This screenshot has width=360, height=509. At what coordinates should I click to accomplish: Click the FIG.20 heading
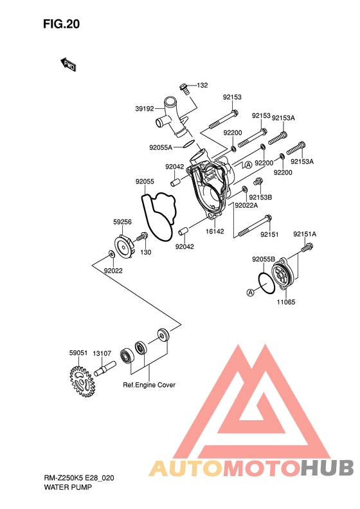click(x=61, y=24)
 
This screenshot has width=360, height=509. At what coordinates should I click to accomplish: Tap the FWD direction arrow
click(x=68, y=64)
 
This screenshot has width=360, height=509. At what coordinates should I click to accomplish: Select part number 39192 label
click(x=145, y=109)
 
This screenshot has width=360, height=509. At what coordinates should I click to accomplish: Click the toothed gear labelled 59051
click(x=82, y=382)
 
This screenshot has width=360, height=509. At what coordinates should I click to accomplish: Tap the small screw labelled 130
click(x=141, y=237)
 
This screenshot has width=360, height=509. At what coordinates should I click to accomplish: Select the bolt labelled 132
click(x=184, y=88)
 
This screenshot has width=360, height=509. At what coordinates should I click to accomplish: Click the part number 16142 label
click(x=215, y=232)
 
